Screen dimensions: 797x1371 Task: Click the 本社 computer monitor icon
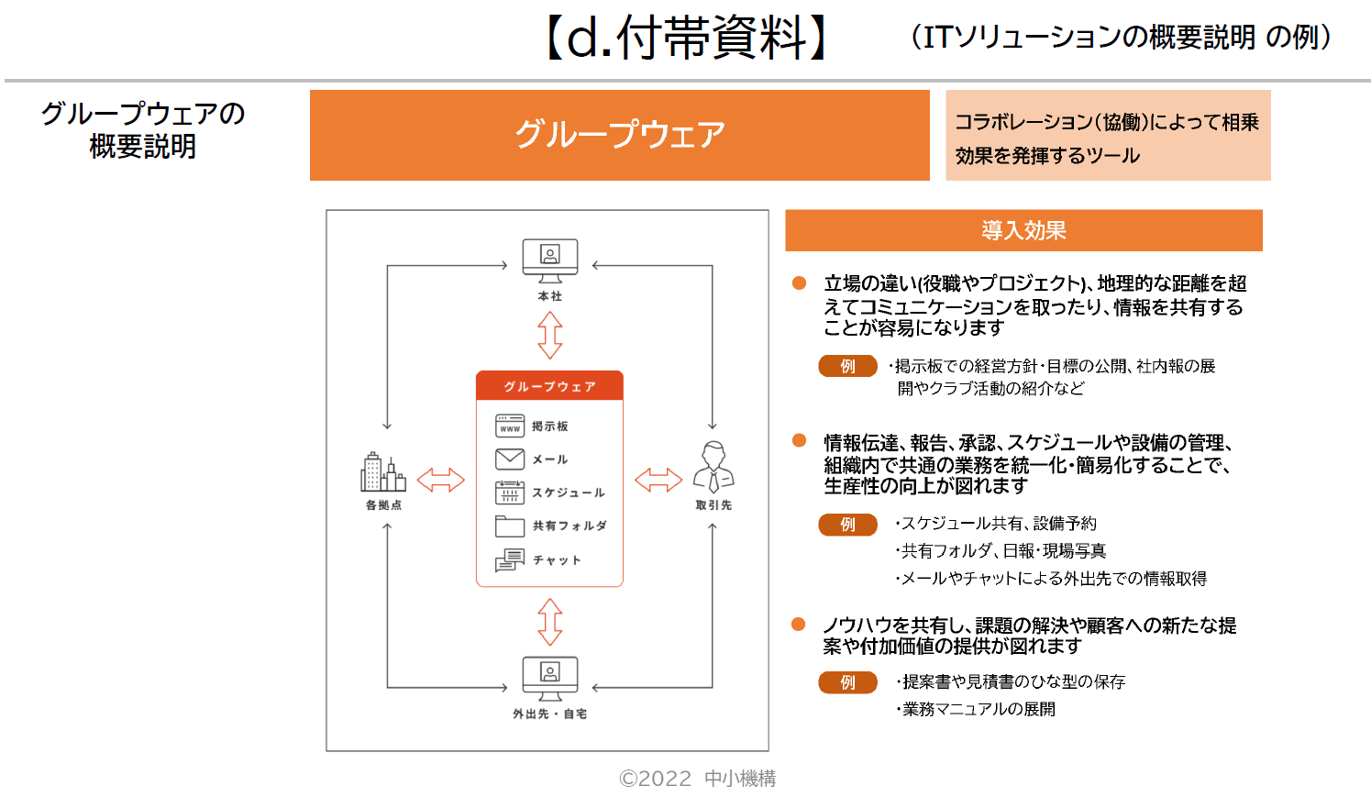(549, 260)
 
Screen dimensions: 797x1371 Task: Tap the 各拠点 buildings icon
(383, 473)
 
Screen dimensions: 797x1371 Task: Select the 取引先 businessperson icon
(713, 467)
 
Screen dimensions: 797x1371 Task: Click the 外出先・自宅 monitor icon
(549, 678)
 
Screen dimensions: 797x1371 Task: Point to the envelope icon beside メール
(510, 459)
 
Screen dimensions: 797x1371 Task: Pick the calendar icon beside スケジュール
(510, 493)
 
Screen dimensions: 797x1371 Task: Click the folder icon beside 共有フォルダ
(510, 526)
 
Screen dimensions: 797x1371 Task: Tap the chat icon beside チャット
(510, 559)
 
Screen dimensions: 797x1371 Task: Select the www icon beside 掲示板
(510, 426)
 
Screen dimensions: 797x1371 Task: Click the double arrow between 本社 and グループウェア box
(549, 335)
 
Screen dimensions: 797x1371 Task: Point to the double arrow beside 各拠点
(441, 480)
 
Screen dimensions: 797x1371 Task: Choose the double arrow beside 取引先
(658, 480)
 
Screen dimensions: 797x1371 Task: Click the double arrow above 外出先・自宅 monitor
(549, 622)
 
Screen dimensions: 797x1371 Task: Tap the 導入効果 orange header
(1023, 230)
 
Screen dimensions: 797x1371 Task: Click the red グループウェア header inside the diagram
(549, 386)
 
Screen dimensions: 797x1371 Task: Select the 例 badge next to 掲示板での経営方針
(847, 366)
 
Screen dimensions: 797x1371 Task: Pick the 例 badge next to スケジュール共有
(847, 525)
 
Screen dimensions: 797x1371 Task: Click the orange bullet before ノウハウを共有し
(799, 625)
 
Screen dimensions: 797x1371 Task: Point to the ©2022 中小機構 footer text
(697, 779)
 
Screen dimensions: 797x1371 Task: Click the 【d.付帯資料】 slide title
(686, 39)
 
